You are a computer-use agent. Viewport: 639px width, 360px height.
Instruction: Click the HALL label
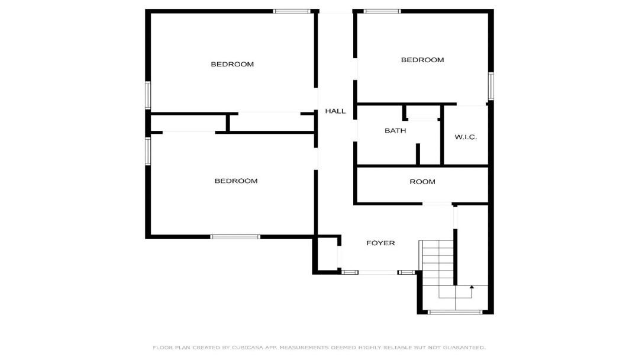point(335,111)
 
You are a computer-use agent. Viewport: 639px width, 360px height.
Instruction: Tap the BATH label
point(395,130)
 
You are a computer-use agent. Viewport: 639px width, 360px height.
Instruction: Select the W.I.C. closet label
point(466,137)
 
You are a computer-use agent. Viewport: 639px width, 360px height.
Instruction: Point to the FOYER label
point(380,243)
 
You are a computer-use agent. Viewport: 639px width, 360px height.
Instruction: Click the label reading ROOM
point(422,182)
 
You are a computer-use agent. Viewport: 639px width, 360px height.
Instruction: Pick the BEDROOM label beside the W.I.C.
point(422,60)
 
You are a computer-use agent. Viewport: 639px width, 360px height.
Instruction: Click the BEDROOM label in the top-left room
point(233,64)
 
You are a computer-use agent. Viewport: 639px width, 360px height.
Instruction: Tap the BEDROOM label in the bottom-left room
point(236,181)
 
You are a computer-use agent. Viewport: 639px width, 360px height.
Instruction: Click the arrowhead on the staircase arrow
point(472,287)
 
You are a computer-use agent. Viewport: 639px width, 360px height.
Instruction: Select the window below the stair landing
point(455,312)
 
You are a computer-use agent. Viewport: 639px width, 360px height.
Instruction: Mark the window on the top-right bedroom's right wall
point(491,86)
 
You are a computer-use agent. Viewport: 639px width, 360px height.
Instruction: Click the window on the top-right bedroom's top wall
point(382,11)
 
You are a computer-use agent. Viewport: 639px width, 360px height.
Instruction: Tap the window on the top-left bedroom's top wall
point(291,11)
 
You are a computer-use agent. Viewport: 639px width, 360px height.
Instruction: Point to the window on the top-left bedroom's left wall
point(148,95)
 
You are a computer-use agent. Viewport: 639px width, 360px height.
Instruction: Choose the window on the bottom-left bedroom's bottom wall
point(235,237)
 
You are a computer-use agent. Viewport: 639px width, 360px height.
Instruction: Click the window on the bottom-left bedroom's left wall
point(148,151)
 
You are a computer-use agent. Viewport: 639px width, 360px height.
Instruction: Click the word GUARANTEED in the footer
point(464,348)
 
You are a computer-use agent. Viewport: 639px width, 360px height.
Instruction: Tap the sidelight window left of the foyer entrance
point(350,272)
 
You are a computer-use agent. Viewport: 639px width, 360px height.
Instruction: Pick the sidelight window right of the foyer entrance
point(406,272)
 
